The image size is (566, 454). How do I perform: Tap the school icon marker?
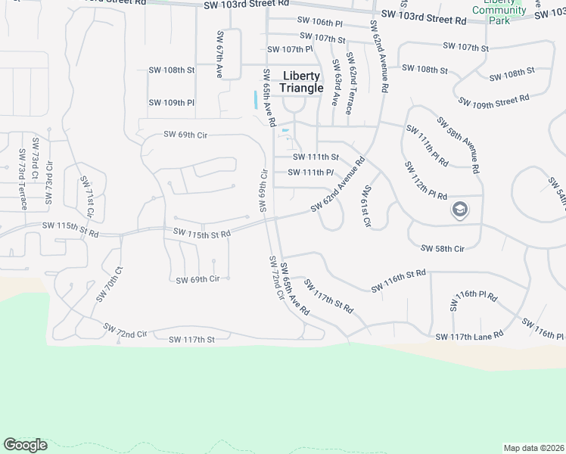click(459, 210)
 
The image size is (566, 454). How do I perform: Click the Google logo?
click(25, 445)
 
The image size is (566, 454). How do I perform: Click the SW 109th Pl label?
click(171, 102)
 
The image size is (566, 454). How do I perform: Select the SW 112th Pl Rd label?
click(425, 180)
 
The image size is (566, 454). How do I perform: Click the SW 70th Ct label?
click(108, 284)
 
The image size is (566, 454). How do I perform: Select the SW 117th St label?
click(191, 340)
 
